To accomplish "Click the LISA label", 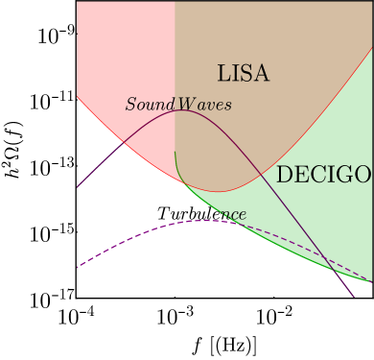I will (x=243, y=74).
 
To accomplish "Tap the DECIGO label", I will (x=323, y=175).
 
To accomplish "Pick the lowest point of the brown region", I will (x=219, y=192).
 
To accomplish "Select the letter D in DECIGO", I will (x=283, y=175).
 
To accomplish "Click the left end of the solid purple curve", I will (x=78, y=186).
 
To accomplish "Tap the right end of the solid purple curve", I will (x=355, y=298).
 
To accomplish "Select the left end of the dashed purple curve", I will (x=78, y=267).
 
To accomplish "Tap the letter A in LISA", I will (x=261, y=74).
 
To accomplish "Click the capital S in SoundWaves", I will (x=130, y=104).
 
